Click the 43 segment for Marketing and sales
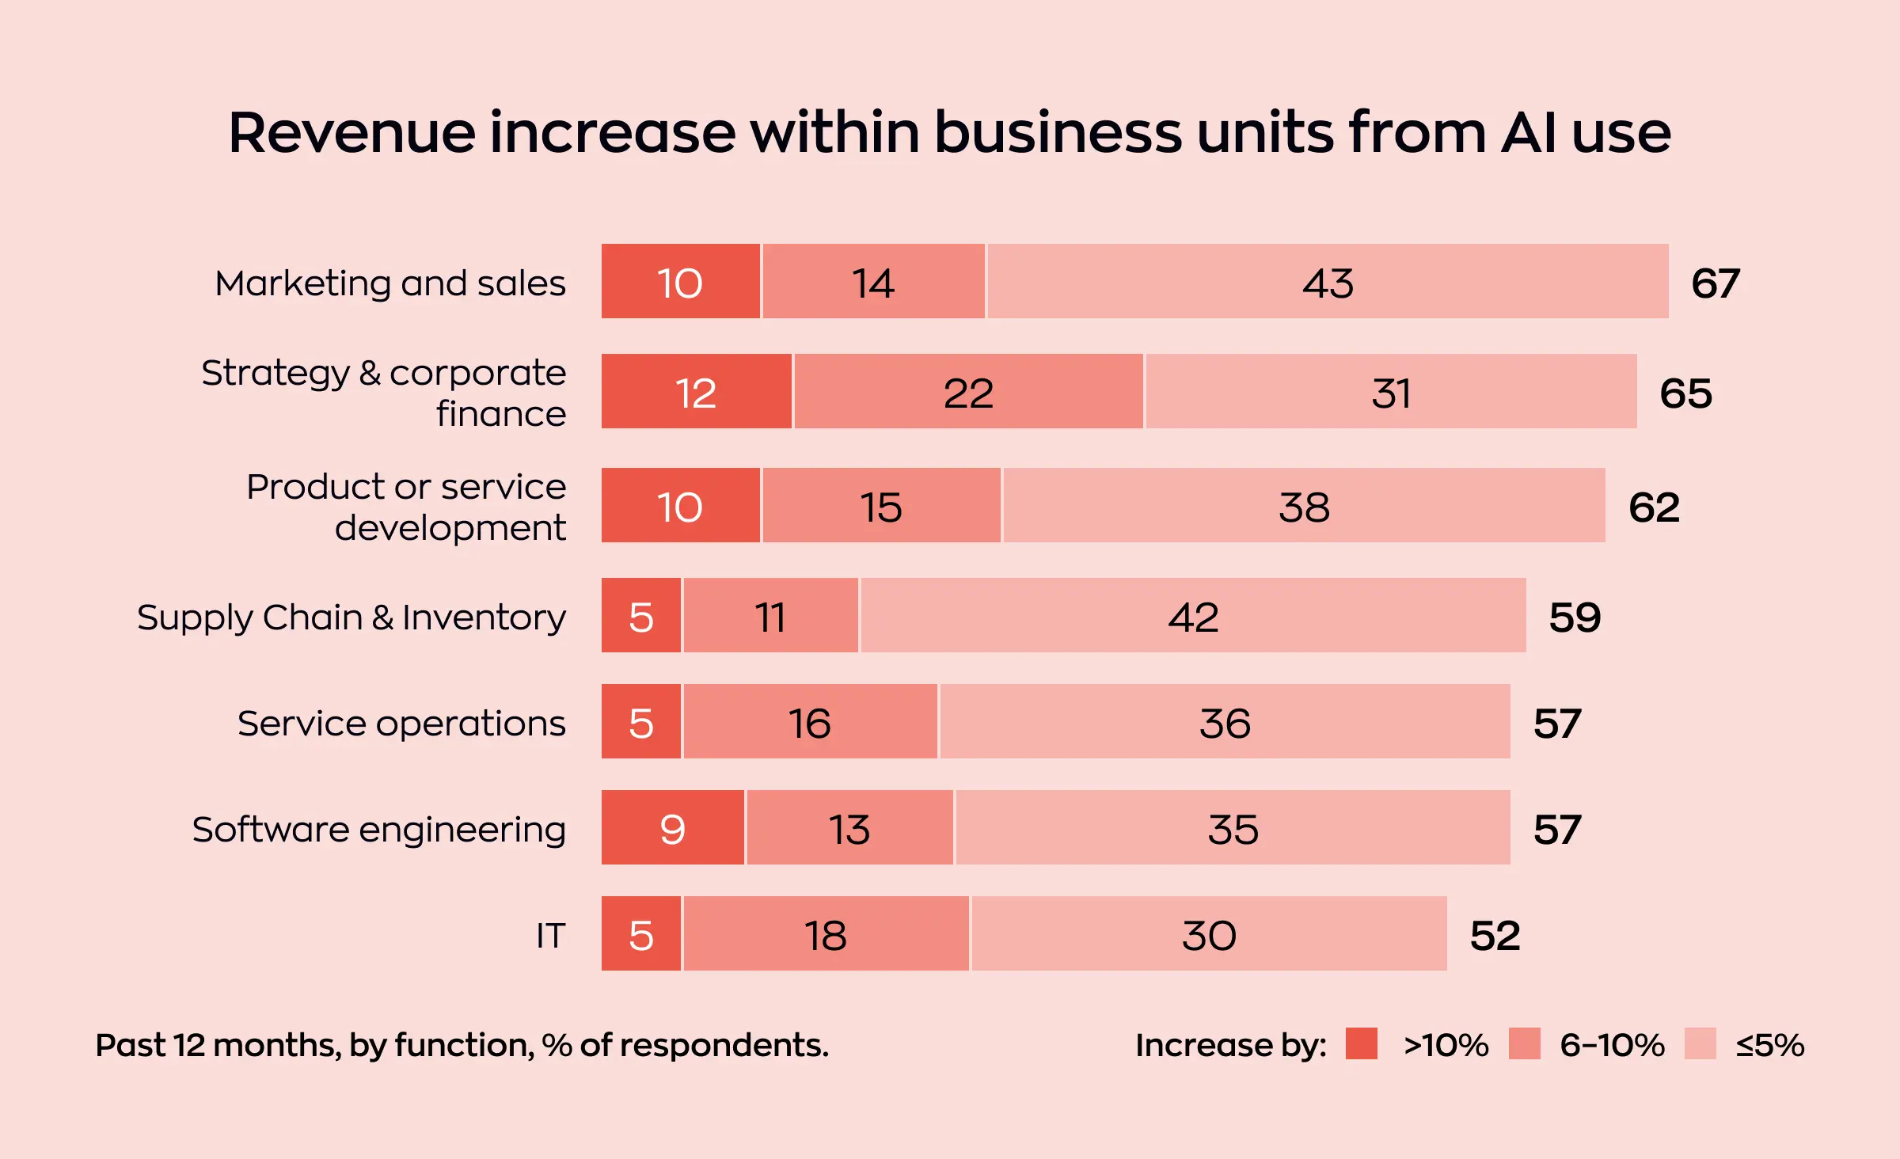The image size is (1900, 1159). pos(1328,282)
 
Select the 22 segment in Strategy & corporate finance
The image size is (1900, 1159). pos(968,393)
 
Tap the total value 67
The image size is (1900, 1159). pos(1715,283)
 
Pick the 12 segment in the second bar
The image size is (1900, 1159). pos(696,393)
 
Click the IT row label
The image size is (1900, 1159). pos(550,936)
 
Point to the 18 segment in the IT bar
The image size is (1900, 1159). pos(826,935)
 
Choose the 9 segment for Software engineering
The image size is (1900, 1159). pos(672,829)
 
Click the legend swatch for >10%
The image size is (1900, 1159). pos(1361,1043)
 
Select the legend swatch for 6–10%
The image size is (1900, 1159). pos(1524,1043)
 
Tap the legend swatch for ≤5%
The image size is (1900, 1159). pos(1700,1043)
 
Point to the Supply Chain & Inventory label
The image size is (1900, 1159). pos(351,617)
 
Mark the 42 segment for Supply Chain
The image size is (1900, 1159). pos(1193,617)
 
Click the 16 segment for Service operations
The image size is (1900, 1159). pos(809,723)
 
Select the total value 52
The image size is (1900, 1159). pos(1495,936)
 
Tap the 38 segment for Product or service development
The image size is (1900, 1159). pos(1304,507)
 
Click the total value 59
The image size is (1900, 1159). pos(1575,617)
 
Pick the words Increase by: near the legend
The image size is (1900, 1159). pos(1230,1045)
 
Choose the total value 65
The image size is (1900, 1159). pos(1685,393)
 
